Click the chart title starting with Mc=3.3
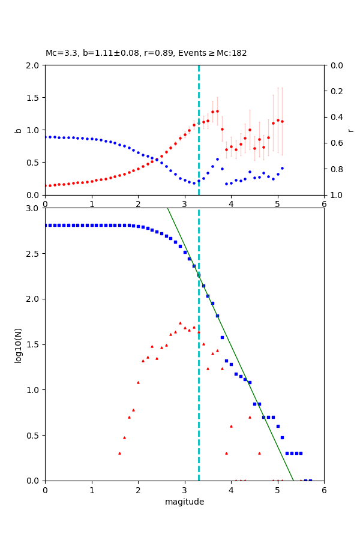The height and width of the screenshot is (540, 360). [146, 53]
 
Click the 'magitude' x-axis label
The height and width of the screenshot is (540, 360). [184, 502]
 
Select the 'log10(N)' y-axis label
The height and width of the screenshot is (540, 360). [19, 344]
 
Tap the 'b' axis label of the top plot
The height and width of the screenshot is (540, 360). [19, 130]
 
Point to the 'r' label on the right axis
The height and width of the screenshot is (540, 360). [350, 130]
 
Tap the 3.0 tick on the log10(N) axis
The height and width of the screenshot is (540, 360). [32, 208]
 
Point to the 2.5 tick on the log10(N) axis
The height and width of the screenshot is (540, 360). [32, 254]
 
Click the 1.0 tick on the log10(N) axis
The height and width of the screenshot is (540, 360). [32, 390]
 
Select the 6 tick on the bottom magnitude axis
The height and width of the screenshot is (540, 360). [324, 490]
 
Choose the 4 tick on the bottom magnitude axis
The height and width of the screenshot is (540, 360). [231, 490]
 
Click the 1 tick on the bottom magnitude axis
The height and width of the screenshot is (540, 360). [92, 490]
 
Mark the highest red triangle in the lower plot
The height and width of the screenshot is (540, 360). [180, 323]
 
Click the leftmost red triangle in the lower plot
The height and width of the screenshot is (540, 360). [119, 453]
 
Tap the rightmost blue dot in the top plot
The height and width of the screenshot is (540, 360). [282, 169]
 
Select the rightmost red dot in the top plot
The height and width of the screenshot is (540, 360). [282, 121]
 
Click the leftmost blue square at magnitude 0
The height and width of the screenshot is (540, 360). [46, 225]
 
